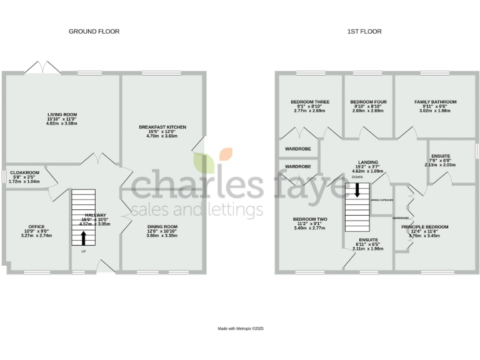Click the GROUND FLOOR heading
[94, 31]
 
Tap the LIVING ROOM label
[61, 114]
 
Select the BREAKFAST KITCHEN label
[162, 127]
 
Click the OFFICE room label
[36, 226]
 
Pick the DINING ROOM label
[162, 226]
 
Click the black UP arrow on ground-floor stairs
[83, 238]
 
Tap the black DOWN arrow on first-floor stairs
[357, 190]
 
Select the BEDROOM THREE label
[310, 102]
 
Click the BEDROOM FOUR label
[368, 102]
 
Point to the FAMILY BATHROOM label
[435, 102]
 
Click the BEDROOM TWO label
[310, 219]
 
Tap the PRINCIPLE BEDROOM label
[424, 227]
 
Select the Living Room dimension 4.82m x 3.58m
[61, 123]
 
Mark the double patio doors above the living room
[40, 68]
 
